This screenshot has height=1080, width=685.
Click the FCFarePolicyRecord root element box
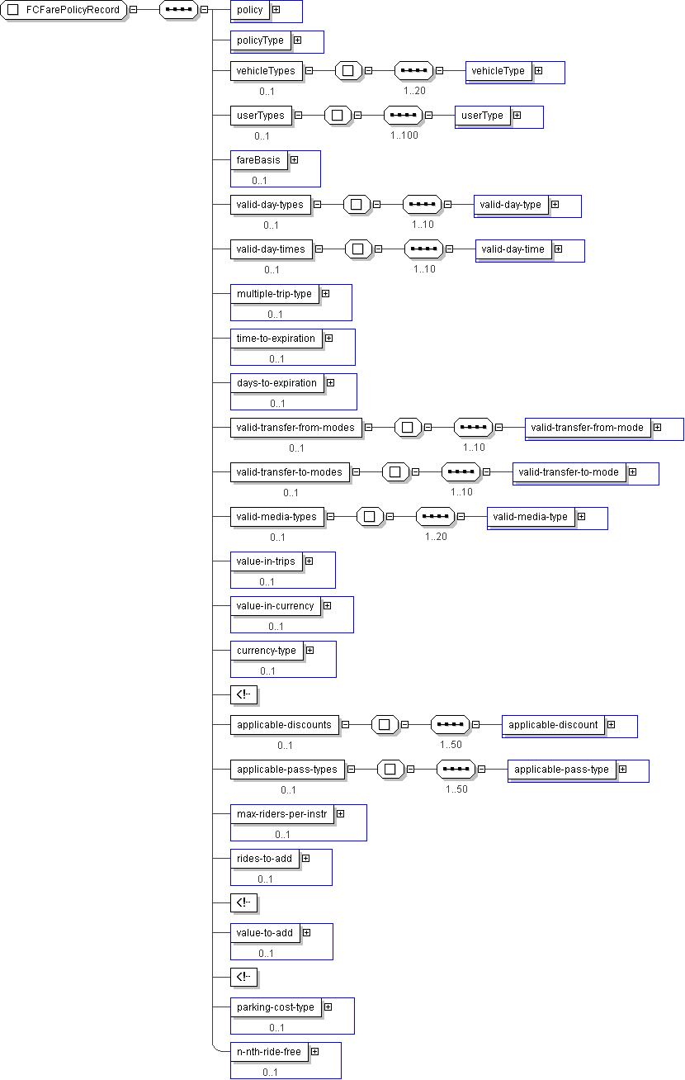point(64,10)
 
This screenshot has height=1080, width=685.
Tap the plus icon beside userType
point(517,116)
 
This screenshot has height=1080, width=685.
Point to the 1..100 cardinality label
point(404,135)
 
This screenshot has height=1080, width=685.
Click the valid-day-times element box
point(271,249)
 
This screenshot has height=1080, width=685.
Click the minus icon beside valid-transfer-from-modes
point(369,427)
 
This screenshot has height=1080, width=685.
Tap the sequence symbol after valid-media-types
point(435,516)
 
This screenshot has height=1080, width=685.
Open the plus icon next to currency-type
point(310,651)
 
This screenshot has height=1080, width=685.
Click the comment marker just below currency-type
point(243,694)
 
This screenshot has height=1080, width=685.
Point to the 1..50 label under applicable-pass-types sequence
point(456,789)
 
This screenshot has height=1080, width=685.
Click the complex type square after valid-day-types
point(357,205)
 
